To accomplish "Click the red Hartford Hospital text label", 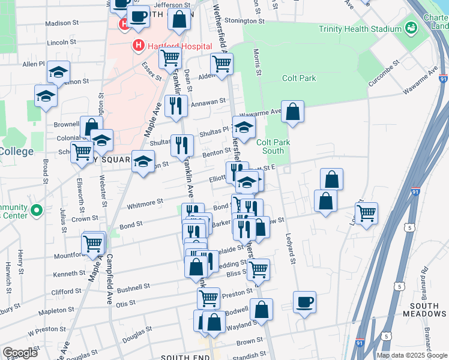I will click(179, 46).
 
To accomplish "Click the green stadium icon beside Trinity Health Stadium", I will click(411, 28).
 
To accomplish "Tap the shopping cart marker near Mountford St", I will click(93, 244).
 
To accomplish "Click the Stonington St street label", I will click(244, 21).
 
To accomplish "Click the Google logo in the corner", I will click(20, 353).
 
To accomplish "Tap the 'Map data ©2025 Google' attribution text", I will click(412, 355).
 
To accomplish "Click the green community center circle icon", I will click(37, 211).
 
